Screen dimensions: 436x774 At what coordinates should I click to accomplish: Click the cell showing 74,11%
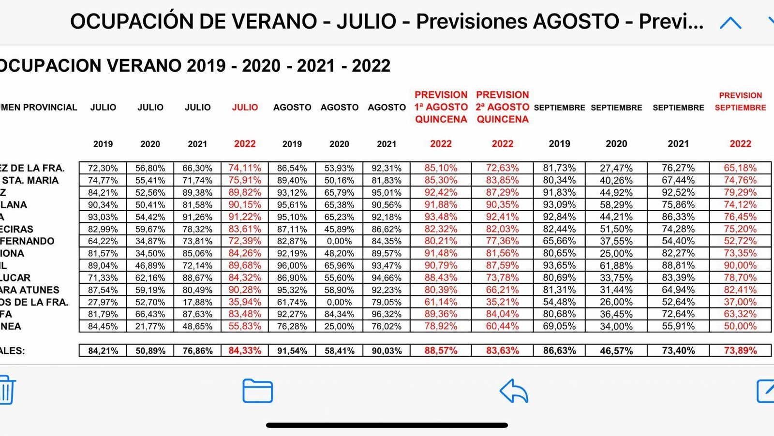pos(245,168)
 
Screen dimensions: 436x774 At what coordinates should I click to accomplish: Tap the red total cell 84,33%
pos(245,351)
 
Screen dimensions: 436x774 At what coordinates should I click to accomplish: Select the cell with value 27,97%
pos(103,302)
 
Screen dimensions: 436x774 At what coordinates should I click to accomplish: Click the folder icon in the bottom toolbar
pos(257,391)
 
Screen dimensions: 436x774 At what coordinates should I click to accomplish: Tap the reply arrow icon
pos(514,391)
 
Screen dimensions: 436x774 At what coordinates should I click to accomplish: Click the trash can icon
pos(7,390)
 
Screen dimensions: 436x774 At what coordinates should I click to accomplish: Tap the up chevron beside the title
pos(730,23)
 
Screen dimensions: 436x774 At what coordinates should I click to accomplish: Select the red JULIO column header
pos(245,108)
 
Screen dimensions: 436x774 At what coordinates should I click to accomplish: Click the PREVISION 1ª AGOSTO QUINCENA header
pos(441,107)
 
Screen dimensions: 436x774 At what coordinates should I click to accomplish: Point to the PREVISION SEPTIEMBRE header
pos(740,102)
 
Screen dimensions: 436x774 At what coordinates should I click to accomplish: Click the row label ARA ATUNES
pos(30,290)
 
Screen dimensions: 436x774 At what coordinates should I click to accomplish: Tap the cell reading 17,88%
pos(197,302)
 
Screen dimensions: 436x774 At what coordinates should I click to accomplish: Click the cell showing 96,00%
pos(292,265)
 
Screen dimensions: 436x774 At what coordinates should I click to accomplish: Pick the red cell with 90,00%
pos(740,265)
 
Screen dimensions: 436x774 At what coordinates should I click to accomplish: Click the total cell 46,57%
pos(616,351)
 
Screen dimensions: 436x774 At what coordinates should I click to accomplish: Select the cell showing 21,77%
pos(150,327)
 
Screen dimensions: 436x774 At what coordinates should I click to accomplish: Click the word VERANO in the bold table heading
pos(145,65)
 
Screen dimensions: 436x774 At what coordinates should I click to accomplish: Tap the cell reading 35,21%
pos(502,302)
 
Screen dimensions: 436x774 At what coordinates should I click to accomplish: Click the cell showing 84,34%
pos(339,314)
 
